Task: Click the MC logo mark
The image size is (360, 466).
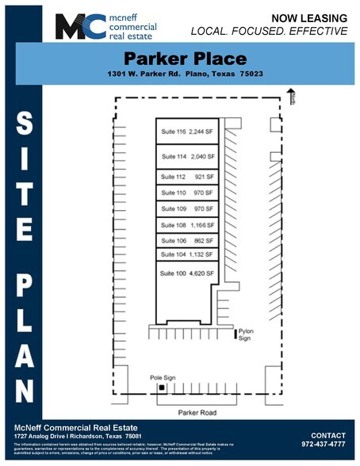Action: pos(79,26)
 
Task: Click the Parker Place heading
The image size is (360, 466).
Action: pos(186,59)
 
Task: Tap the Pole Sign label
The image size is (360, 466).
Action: pos(161,379)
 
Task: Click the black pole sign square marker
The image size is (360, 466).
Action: pos(161,388)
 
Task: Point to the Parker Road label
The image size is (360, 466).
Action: pos(196,411)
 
